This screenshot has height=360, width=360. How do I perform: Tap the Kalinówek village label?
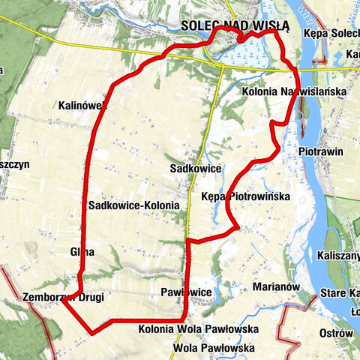82,106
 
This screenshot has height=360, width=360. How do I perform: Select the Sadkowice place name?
195,169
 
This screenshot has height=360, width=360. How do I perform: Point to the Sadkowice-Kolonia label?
133,205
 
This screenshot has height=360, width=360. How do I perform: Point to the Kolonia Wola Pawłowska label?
198,329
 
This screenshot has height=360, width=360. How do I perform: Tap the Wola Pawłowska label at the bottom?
213,348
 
